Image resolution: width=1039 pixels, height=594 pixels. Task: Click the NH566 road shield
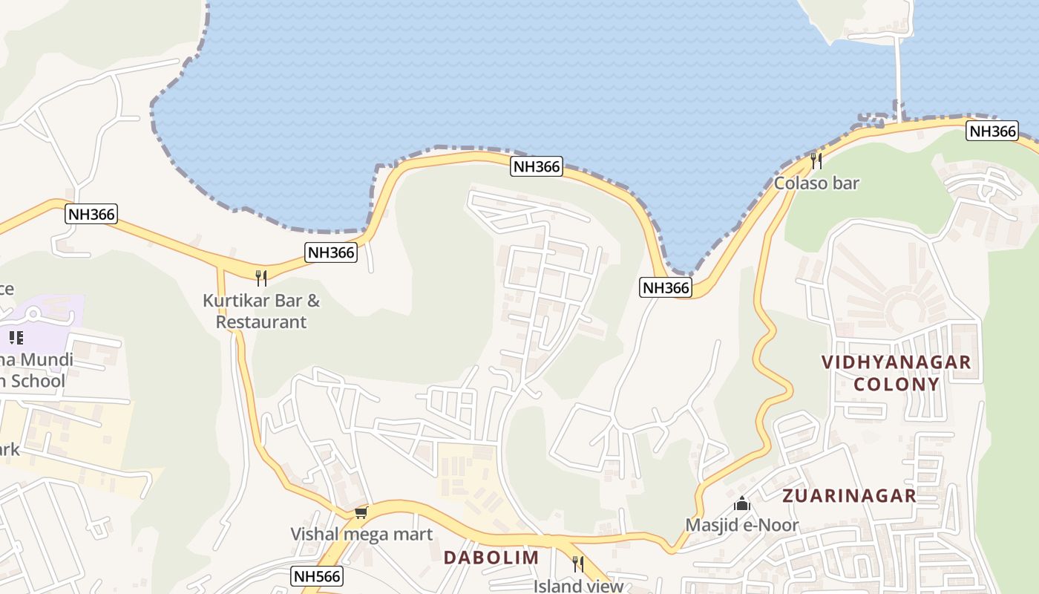pos(317,576)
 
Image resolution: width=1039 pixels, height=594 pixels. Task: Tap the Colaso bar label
pos(816,183)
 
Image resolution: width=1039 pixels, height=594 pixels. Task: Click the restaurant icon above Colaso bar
pos(816,160)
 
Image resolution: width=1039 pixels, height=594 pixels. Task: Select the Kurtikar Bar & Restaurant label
pos(261,311)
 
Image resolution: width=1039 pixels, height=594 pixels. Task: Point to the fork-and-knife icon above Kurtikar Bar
pos(261,278)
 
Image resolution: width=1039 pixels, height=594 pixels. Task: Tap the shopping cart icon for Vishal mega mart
pos(361,512)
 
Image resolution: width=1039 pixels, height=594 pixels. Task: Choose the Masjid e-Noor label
pos(741,525)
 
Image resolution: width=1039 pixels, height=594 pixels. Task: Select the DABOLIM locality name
pos(491,557)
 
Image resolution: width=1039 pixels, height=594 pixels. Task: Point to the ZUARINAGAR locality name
pos(850,496)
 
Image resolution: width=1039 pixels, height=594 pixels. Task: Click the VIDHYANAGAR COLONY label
pos(896,373)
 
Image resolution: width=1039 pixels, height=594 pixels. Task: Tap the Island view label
pos(578,586)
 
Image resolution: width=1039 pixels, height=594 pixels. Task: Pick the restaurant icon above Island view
pos(578,564)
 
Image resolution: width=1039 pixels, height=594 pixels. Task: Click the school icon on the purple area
pos(16,339)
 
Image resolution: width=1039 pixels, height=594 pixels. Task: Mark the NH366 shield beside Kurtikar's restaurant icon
pos(331,252)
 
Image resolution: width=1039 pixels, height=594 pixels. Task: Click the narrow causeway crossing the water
pos(899,74)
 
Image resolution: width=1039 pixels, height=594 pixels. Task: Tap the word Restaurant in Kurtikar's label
pos(261,322)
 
